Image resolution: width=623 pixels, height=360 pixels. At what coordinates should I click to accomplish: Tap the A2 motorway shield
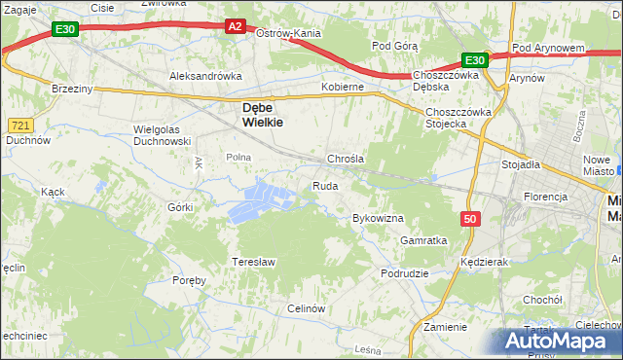(x=235, y=26)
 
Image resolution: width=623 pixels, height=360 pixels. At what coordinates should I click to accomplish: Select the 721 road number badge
(x=20, y=126)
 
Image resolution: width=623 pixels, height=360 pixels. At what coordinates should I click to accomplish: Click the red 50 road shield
(x=471, y=220)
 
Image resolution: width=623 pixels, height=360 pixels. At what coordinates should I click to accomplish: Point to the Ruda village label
(x=324, y=186)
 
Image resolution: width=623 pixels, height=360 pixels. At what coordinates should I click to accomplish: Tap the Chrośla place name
(x=346, y=159)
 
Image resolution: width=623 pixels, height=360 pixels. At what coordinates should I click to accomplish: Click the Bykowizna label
(x=378, y=218)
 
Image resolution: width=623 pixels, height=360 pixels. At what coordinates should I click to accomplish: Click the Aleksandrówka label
(x=204, y=75)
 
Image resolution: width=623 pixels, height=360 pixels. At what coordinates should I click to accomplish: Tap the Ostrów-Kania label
(x=288, y=33)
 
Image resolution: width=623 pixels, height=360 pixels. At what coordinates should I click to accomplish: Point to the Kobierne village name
(x=343, y=87)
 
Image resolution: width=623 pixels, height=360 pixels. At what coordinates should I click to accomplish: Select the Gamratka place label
(x=423, y=239)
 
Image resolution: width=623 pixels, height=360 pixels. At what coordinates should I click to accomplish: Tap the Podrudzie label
(x=405, y=273)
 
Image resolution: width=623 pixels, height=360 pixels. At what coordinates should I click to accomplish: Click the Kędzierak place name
(x=486, y=263)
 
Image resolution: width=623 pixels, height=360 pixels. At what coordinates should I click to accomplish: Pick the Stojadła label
(x=521, y=164)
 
